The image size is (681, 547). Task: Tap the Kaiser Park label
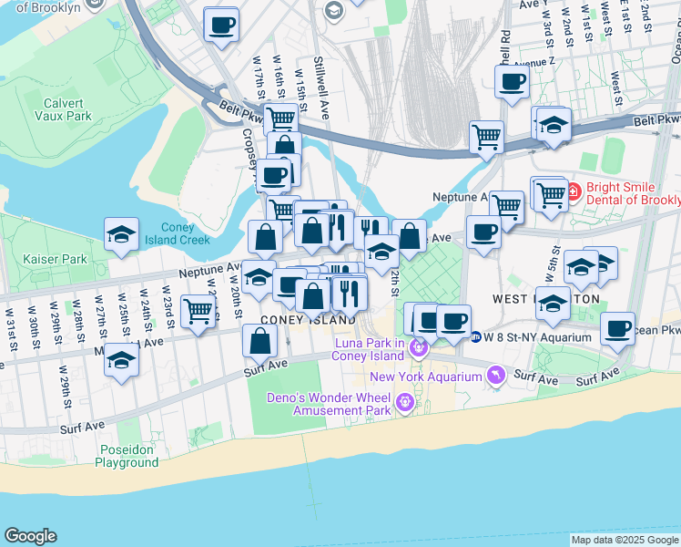point(56,259)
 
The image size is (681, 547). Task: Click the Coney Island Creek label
point(185,233)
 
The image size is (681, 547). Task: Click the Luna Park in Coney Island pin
point(418,347)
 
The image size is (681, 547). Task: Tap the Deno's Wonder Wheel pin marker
point(404,402)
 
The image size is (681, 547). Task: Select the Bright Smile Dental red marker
point(574,192)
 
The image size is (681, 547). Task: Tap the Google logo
point(30,536)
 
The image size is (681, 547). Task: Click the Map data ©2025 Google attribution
point(625,540)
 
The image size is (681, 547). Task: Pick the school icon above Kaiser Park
point(121,234)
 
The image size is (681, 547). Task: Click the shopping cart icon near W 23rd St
point(198,311)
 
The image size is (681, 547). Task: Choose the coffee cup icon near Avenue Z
point(512,82)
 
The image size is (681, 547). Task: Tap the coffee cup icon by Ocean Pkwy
point(618,328)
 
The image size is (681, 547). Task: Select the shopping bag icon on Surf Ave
point(260,341)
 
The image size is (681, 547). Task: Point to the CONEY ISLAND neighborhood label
point(308,320)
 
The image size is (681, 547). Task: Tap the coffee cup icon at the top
point(220,25)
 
